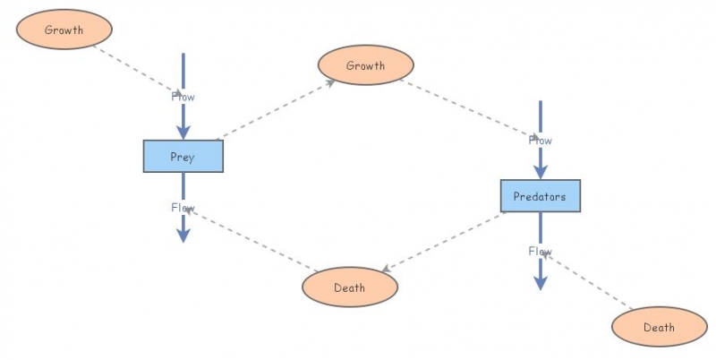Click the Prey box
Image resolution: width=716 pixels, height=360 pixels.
point(183,156)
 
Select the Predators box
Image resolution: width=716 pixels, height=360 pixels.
point(540,196)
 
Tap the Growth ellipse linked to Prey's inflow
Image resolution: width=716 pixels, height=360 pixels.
point(64,30)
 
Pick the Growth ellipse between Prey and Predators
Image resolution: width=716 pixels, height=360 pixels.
point(365,65)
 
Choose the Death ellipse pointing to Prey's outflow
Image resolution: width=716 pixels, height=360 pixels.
point(349,287)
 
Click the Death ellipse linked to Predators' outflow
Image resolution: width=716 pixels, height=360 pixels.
point(659,327)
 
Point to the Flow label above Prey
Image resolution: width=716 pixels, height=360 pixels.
point(183,96)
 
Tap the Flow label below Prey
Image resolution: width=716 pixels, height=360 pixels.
point(183,208)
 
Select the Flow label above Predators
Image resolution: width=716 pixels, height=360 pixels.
point(540,140)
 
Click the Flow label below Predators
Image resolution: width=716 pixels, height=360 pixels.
point(540,251)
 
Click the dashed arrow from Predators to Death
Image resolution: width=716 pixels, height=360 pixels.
point(443,242)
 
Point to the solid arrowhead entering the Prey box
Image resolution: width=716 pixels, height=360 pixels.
point(183,133)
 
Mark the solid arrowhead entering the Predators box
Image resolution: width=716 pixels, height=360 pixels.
point(540,173)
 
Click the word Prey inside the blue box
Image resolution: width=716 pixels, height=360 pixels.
point(183,157)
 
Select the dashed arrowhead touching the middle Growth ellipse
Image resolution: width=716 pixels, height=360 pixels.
point(330,81)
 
